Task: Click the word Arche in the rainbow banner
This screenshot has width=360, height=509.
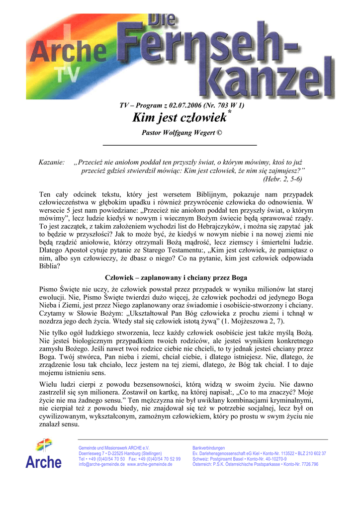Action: pos(70,51)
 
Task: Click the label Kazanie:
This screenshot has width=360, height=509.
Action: pos(52,163)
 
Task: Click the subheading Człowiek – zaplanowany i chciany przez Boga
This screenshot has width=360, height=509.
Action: pos(176,277)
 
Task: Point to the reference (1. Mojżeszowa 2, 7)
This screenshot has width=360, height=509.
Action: pos(263,322)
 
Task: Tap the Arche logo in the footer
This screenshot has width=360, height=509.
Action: pos(44,453)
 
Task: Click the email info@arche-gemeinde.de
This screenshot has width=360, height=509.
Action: pos(101,464)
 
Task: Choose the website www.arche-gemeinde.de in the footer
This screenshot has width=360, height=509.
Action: pos(150,464)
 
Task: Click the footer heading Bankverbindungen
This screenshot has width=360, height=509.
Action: pos(208,448)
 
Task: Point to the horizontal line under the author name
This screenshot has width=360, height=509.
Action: pos(180,145)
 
